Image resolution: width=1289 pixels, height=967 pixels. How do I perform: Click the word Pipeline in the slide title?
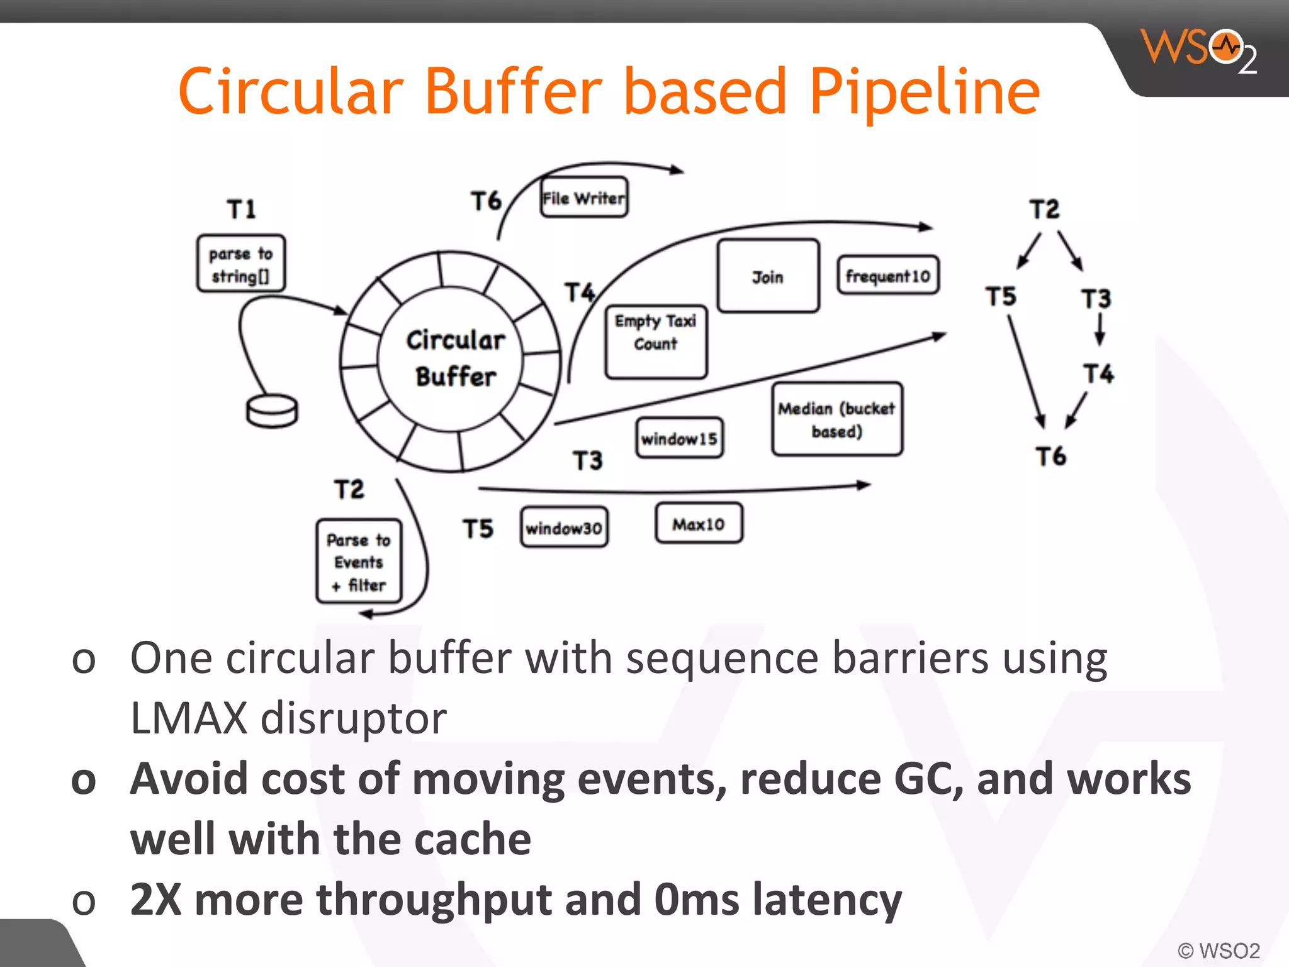click(924, 93)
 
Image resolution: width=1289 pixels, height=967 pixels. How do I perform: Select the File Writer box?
click(584, 198)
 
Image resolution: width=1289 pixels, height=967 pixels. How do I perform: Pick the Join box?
click(768, 276)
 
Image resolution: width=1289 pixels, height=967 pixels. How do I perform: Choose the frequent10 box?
click(887, 275)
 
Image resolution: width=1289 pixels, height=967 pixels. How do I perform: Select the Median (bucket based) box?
click(836, 419)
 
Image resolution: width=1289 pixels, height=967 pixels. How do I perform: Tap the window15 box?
click(678, 438)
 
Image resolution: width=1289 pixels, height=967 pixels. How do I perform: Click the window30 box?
click(564, 528)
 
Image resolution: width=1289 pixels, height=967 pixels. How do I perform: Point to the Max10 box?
click(699, 523)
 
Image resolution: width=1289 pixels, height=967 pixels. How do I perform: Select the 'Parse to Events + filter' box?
click(359, 562)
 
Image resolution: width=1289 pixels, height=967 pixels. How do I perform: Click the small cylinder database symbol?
click(272, 411)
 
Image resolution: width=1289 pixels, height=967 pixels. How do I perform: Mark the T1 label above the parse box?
click(242, 209)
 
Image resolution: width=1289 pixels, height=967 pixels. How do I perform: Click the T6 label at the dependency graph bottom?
click(1050, 456)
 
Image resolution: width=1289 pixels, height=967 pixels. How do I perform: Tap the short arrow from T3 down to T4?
click(1100, 329)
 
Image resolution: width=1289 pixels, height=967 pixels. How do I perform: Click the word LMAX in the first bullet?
click(188, 718)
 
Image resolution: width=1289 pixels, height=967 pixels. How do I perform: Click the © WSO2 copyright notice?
click(1219, 950)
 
